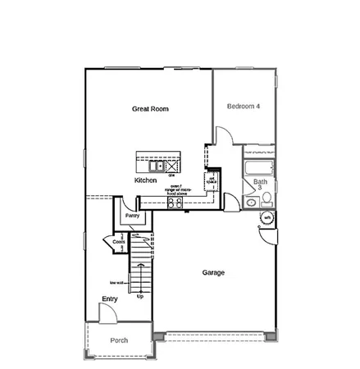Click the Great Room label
[151, 108]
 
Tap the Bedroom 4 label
[245, 107]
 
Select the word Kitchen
[146, 180]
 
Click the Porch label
[119, 340]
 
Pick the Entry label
[110, 299]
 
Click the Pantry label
[132, 216]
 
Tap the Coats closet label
[120, 243]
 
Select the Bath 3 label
[261, 184]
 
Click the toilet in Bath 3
[267, 201]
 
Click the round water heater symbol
[267, 218]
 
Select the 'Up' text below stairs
[140, 296]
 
